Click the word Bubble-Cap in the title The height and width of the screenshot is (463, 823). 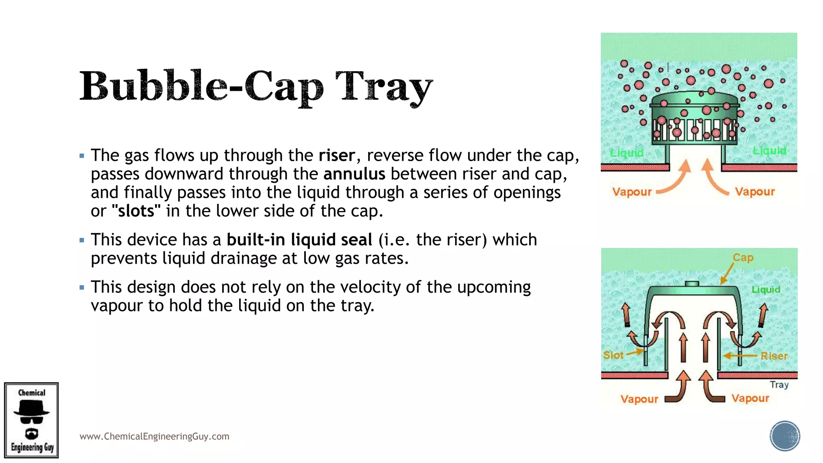pos(201,86)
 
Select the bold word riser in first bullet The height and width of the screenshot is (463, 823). pos(337,156)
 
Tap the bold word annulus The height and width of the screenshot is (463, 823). pos(354,174)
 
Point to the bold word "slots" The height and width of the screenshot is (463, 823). pos(136,211)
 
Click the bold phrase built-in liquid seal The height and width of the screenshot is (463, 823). pos(299,240)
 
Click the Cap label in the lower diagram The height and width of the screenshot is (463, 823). pos(743,258)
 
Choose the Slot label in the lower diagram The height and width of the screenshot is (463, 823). pos(613,355)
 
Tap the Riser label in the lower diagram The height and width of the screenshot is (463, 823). pos(774,356)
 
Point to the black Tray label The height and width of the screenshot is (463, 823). pos(779,385)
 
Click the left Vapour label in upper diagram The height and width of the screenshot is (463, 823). pos(631,192)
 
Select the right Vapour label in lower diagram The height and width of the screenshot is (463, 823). pos(750,398)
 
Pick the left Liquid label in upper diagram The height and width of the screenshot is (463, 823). pos(626,153)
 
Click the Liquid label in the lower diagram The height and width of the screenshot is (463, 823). pos(766,289)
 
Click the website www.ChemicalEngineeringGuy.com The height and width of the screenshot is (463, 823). pos(154,436)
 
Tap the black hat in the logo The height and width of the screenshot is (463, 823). pos(31,409)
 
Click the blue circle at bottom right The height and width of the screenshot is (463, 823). pos(784,436)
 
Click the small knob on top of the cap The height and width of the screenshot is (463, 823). pos(692,284)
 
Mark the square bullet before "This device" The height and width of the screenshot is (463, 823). pos(82,240)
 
